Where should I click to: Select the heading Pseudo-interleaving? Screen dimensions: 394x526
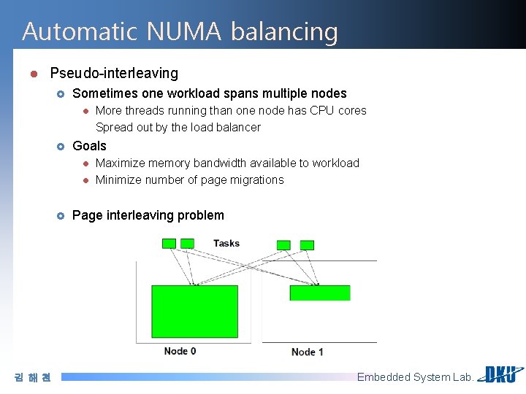(114, 73)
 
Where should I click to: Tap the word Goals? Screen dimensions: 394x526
(89, 146)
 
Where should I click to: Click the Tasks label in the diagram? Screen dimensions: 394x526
(226, 243)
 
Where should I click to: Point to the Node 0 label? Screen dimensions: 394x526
(180, 351)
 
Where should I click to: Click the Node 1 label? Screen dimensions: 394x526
(307, 352)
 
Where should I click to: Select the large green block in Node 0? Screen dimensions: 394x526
(194, 312)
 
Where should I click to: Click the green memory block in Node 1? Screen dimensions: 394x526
(320, 293)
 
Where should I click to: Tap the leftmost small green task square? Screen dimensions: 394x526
(169, 243)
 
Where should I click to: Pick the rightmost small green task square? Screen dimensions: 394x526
(308, 245)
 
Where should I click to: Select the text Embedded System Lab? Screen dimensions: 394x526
(415, 377)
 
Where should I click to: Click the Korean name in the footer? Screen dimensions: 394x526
(33, 377)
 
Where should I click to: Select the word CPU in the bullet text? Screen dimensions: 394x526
(322, 110)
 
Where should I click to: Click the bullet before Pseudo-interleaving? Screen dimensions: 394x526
(34, 74)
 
